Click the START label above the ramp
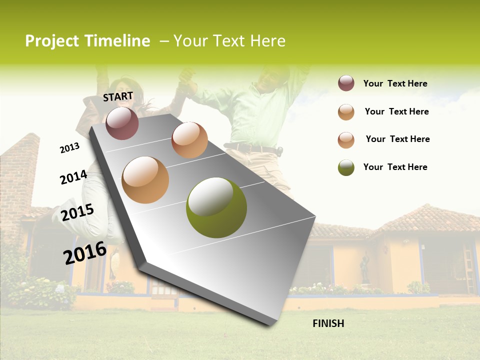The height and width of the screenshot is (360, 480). [x=118, y=96]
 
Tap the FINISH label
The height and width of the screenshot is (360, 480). [x=328, y=323]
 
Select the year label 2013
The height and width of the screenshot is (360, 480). [x=69, y=148]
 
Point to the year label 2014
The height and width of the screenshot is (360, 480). [x=73, y=177]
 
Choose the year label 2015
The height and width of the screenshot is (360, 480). [x=77, y=212]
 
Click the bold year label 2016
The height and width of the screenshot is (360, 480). [x=85, y=252]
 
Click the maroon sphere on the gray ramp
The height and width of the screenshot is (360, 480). [x=122, y=123]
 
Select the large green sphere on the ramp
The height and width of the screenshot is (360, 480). [x=216, y=207]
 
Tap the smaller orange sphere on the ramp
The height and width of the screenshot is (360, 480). [x=189, y=140]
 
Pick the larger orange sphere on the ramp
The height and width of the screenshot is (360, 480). [x=145, y=179]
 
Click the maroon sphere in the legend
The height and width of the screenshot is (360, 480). [x=346, y=83]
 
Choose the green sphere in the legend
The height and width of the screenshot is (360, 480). [x=346, y=167]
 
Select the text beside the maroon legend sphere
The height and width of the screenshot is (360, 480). [x=395, y=83]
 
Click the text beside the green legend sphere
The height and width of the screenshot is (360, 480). [x=395, y=167]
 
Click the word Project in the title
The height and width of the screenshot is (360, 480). [x=52, y=41]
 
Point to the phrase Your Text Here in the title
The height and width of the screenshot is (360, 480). [x=229, y=41]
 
